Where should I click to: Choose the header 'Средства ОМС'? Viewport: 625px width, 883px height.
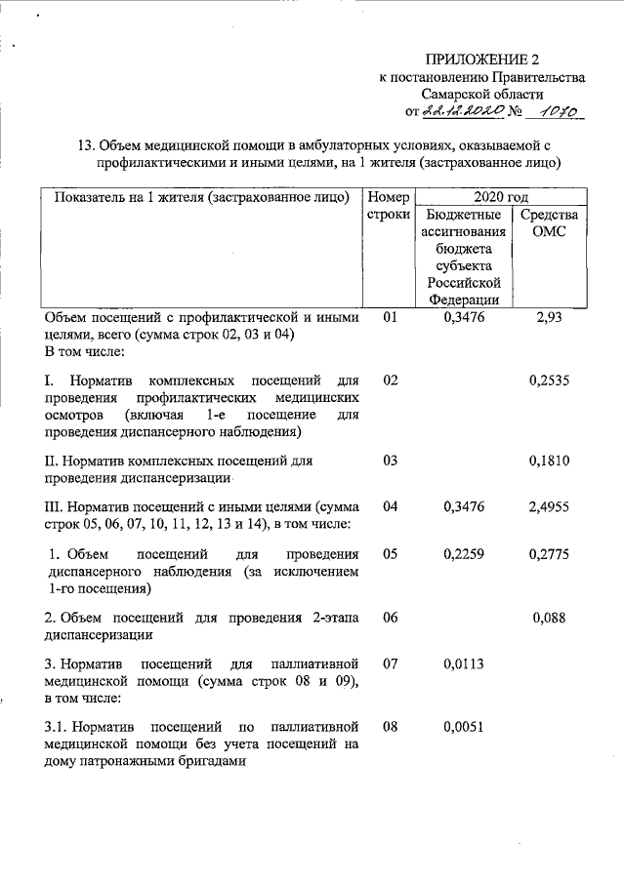[549, 223]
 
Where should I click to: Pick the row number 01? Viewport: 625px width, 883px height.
[391, 318]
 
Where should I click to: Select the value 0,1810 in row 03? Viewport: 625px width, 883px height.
[549, 460]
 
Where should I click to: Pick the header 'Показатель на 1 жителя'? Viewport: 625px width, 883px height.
[202, 197]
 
